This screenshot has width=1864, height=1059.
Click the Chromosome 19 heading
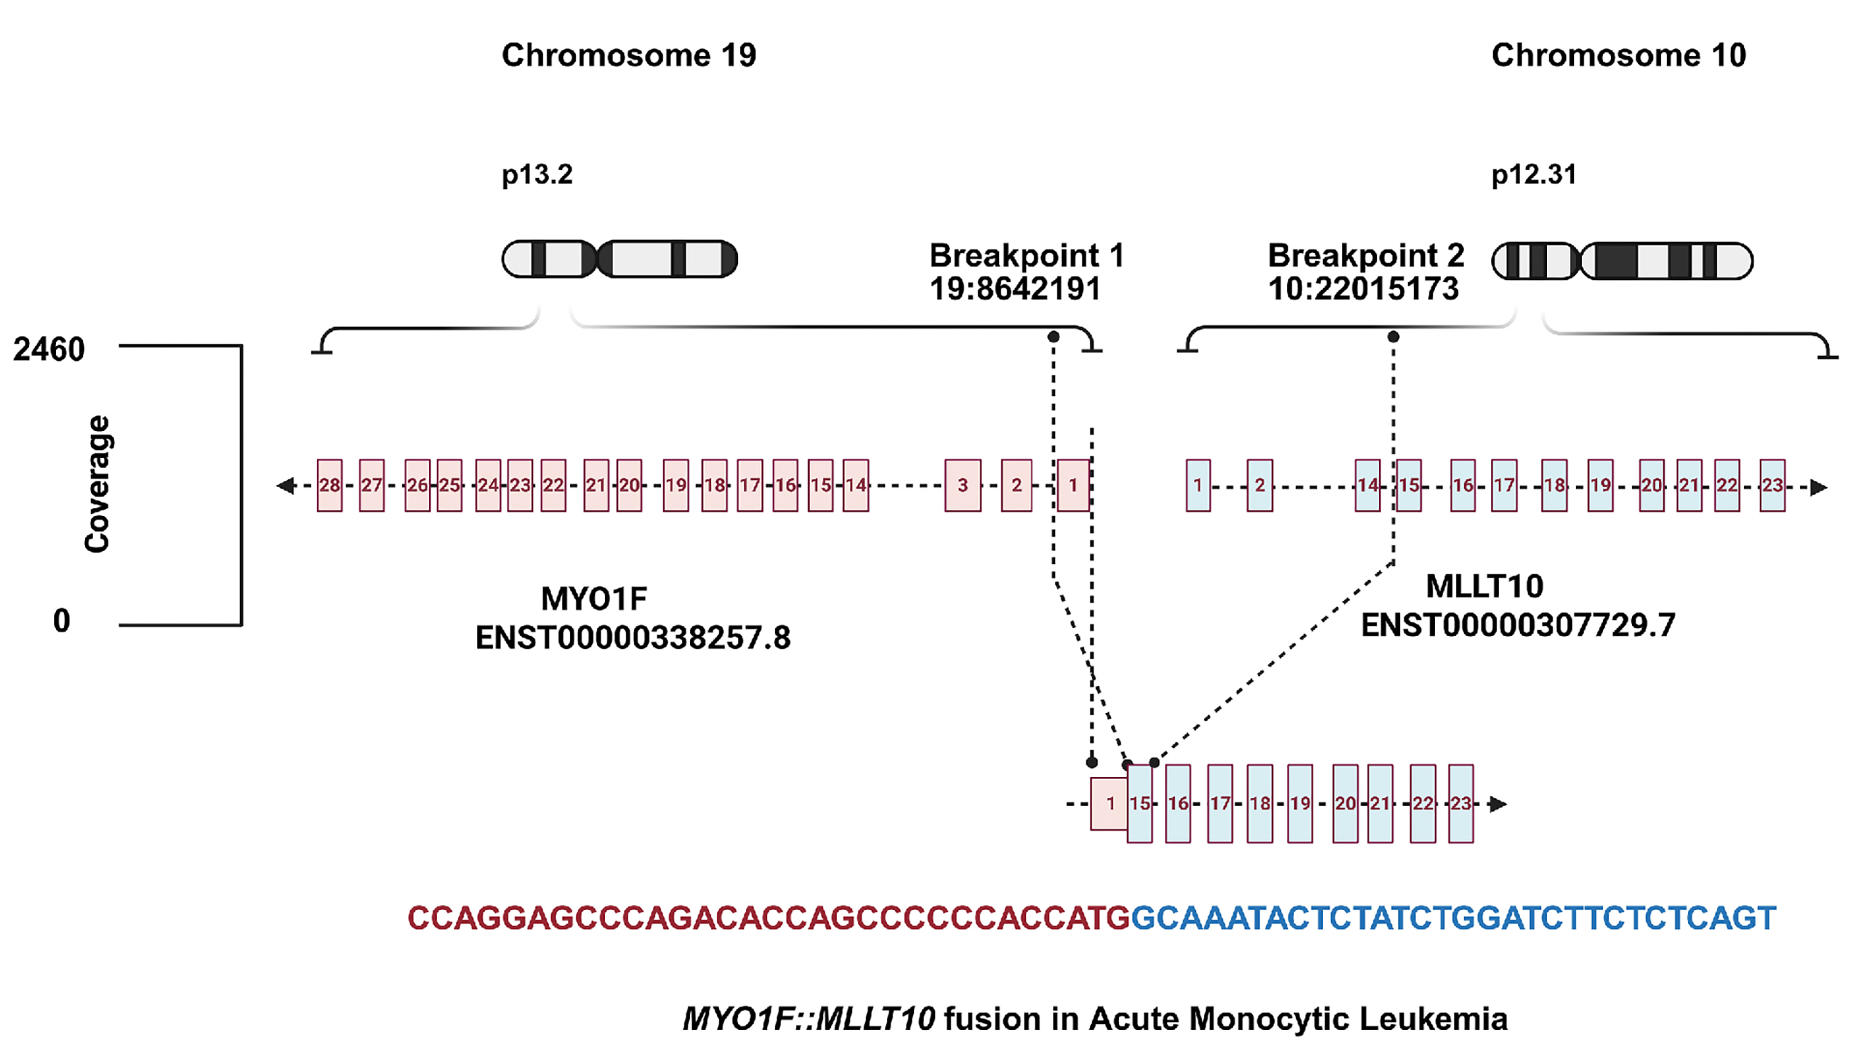[x=628, y=55]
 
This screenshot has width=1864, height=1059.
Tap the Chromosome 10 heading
[x=1618, y=55]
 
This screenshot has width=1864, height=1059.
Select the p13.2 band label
[x=537, y=174]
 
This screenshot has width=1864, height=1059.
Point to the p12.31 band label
[x=1533, y=174]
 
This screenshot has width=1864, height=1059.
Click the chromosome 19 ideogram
[x=620, y=259]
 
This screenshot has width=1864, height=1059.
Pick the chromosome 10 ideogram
[x=1622, y=261]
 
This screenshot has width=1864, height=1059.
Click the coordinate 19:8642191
[x=1015, y=288]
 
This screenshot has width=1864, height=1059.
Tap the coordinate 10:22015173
[x=1363, y=288]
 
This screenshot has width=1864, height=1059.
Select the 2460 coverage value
[x=49, y=350]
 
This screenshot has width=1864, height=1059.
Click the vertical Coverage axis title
[x=96, y=484]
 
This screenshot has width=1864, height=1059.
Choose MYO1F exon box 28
[x=330, y=485]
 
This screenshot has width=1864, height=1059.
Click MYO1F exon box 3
[x=962, y=485]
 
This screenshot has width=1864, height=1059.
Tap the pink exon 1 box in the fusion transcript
[x=1109, y=804]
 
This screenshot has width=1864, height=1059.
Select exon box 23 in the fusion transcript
[x=1461, y=804]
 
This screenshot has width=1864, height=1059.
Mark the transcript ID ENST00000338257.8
[x=632, y=638]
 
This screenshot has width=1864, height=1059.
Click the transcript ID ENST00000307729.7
[x=1518, y=625]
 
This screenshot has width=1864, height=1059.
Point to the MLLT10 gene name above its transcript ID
[x=1485, y=586]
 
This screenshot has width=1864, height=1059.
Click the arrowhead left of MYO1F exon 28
[x=286, y=485]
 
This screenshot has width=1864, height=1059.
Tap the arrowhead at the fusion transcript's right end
[x=1497, y=804]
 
